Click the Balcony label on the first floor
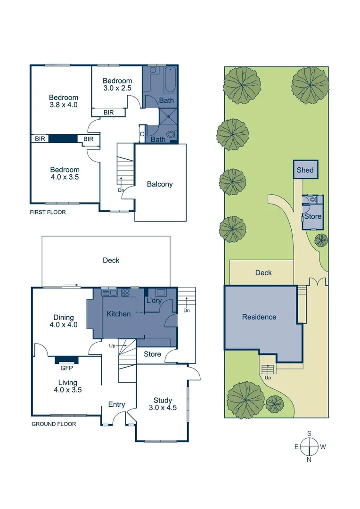pos(160,184)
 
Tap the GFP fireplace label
pos(66,368)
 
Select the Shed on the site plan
pos(305,170)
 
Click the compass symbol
pos(310,446)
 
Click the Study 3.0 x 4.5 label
pos(163,404)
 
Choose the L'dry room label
pos(154,300)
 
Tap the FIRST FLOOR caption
pos(48,212)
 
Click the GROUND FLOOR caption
pos(54,424)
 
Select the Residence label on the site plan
pos(259,317)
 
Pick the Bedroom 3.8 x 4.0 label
pos(64,101)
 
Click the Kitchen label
pos(118,314)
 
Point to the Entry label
pos(116,404)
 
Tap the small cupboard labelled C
pos(142,134)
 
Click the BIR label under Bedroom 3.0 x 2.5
pos(108,112)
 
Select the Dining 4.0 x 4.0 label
pos(64,321)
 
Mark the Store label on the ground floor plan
pos(152,354)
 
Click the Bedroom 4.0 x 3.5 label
pos(65,173)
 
